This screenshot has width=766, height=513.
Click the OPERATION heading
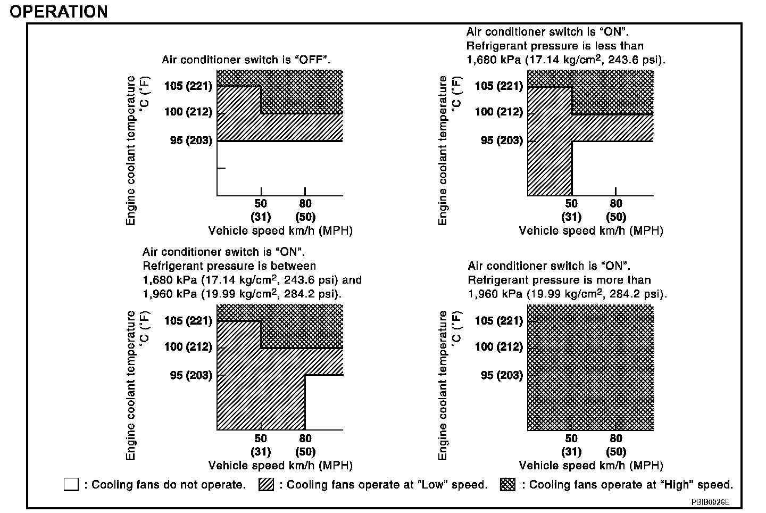[x=59, y=11]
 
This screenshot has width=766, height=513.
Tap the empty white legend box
[x=71, y=484]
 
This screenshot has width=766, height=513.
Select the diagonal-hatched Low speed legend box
[x=266, y=484]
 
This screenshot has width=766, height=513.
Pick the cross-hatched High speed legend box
[x=508, y=484]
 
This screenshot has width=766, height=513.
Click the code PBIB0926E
[x=710, y=502]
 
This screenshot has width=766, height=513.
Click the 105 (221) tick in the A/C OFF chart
[x=188, y=86]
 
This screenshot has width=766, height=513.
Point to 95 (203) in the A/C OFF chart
[x=191, y=140]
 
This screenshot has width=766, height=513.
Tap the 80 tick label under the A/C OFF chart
[x=305, y=204]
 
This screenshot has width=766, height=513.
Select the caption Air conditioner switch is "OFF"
[x=246, y=60]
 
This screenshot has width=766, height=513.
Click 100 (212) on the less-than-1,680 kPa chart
[x=498, y=112]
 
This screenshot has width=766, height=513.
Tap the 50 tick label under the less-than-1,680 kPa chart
[x=571, y=204]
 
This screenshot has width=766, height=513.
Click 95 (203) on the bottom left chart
[x=191, y=375]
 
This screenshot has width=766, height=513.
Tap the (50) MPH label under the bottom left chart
[x=305, y=452]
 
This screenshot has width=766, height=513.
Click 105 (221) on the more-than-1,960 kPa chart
[x=498, y=320]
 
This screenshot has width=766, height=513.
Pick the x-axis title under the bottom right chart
[x=591, y=465]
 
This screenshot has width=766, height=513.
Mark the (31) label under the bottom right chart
[x=571, y=452]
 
